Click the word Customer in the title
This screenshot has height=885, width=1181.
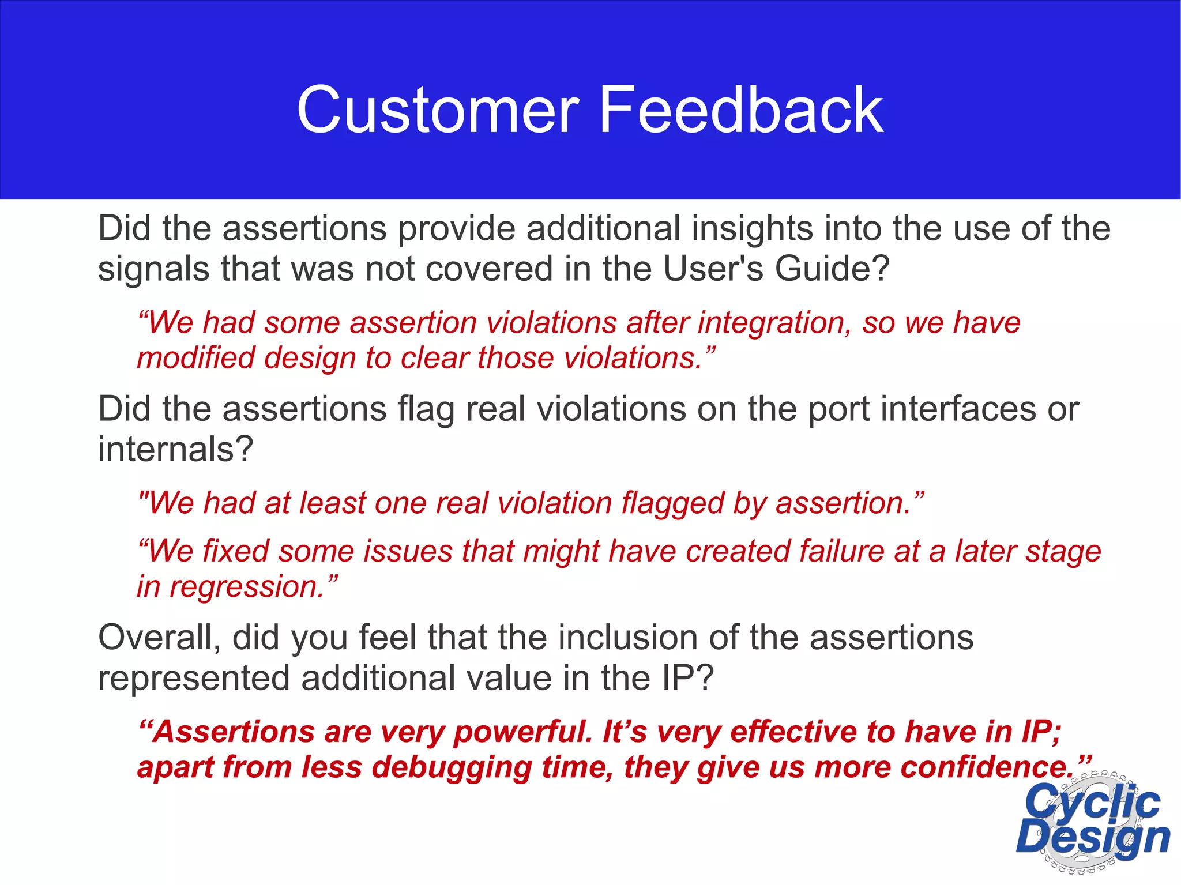438,110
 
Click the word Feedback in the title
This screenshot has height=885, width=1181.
740,110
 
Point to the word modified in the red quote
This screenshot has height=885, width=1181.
196,358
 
